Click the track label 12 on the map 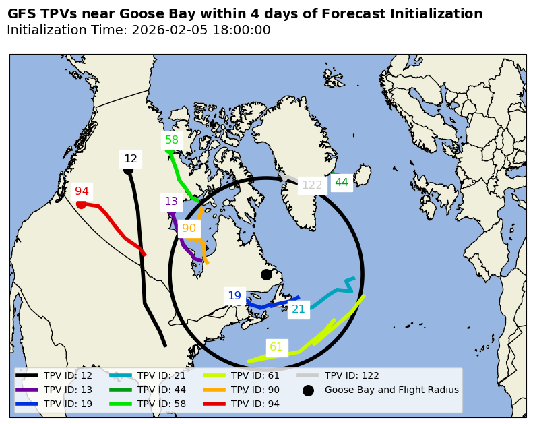(131, 159)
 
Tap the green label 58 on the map (172, 140)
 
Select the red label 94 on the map (82, 191)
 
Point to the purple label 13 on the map (171, 202)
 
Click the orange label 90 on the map (189, 229)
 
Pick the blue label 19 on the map (234, 295)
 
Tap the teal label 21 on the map (298, 309)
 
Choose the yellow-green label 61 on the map (276, 347)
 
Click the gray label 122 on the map (312, 185)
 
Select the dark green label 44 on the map (342, 183)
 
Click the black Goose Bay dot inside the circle (266, 274)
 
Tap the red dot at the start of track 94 (81, 204)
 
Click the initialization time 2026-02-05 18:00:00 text (201, 30)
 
